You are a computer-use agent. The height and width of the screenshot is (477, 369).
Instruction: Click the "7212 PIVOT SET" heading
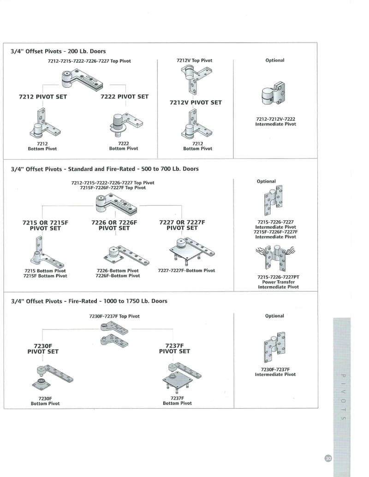[x=43, y=96]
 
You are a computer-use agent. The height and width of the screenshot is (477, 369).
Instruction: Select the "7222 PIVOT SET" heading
[x=125, y=96]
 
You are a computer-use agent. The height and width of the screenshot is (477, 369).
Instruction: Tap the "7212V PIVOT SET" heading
[x=196, y=102]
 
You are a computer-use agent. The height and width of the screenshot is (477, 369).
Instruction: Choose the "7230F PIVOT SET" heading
[x=43, y=348]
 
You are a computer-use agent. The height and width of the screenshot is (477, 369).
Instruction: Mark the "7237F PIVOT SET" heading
[x=174, y=348]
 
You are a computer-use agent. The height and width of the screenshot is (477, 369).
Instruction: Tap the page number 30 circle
[x=328, y=459]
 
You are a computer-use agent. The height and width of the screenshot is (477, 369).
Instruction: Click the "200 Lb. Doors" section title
[x=58, y=51]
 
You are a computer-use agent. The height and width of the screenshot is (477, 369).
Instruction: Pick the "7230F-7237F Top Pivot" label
[x=114, y=316]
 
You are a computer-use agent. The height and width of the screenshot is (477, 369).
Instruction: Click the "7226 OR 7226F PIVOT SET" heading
[x=114, y=225]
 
